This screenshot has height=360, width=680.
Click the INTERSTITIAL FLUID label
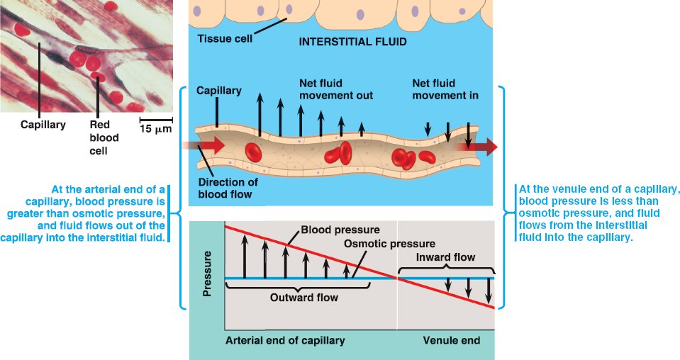352,42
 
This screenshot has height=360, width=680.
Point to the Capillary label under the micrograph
43,125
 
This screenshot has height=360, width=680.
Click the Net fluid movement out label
336,89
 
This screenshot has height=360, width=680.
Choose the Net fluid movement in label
445,89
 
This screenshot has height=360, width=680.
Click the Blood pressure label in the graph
340,230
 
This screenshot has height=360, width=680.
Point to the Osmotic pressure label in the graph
380,244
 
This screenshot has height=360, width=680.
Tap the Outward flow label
304,298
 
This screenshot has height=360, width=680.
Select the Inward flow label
445,257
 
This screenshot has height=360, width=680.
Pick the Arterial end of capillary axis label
285,340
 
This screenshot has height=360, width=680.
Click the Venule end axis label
451,340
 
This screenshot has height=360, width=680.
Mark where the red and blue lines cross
398,278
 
